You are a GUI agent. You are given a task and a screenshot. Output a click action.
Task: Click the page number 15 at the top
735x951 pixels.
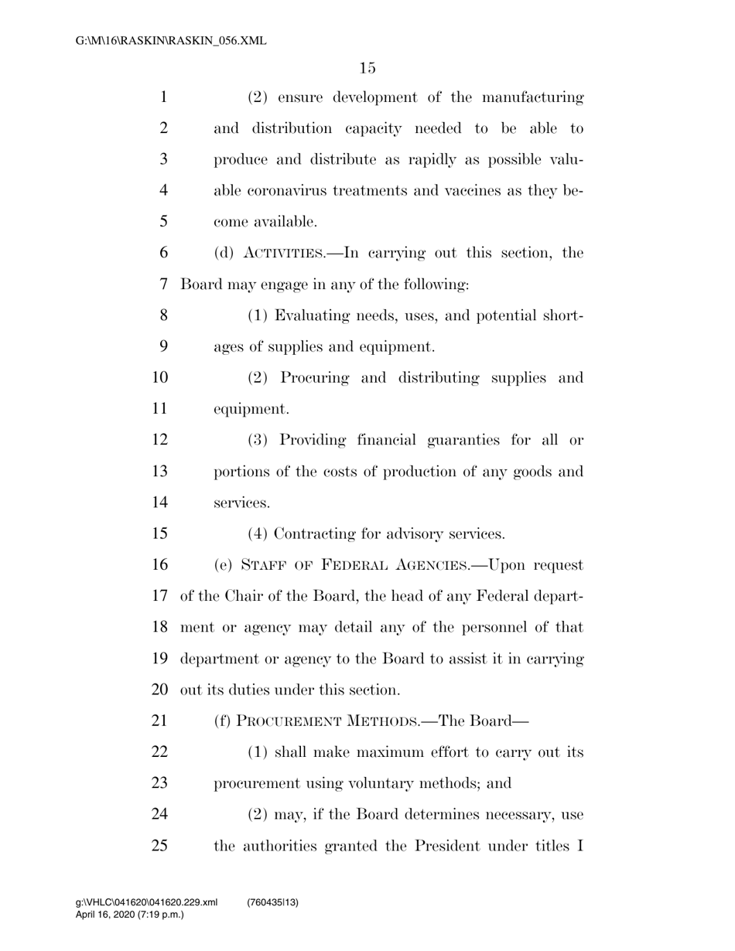coord(367,68)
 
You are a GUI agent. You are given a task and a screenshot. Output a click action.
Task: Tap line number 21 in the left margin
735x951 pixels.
coord(159,721)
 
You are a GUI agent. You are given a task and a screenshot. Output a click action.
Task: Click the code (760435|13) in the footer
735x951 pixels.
coord(273,902)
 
